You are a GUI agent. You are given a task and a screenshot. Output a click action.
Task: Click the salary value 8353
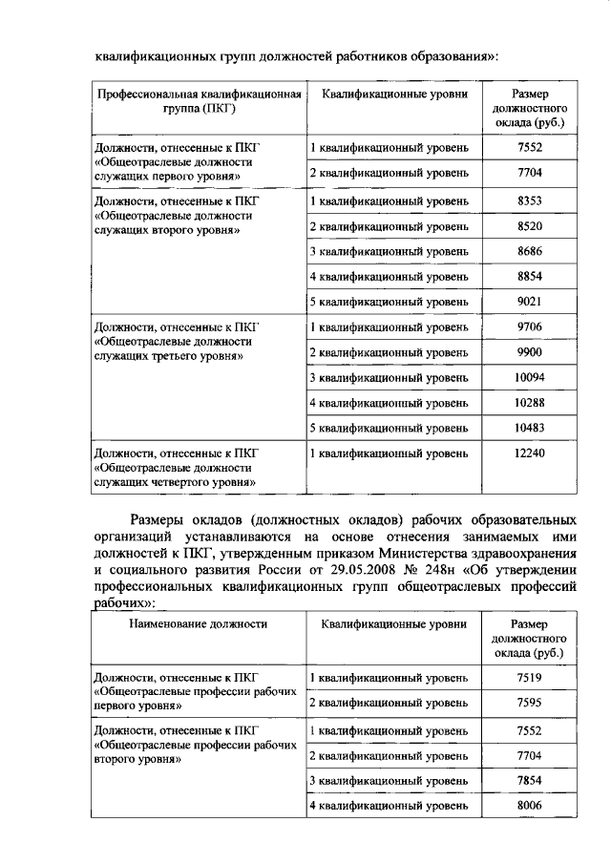pyautogui.click(x=529, y=201)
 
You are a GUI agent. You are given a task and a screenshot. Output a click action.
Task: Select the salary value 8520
pyautogui.click(x=529, y=226)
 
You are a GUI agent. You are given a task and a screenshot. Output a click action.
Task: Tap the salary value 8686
pyautogui.click(x=529, y=251)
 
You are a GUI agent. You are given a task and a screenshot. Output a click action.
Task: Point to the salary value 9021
pyautogui.click(x=529, y=303)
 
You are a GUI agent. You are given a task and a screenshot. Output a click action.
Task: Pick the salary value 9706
pyautogui.click(x=529, y=327)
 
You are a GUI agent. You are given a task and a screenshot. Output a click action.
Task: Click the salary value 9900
pyautogui.click(x=529, y=352)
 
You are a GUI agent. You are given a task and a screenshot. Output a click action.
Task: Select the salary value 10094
pyautogui.click(x=529, y=378)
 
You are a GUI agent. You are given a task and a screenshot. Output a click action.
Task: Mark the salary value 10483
pyautogui.click(x=529, y=427)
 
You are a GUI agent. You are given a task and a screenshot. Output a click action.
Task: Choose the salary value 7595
pyautogui.click(x=529, y=704)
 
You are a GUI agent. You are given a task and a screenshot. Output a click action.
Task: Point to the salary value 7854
pyautogui.click(x=529, y=781)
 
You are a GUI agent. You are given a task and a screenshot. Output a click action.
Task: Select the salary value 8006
pyautogui.click(x=529, y=807)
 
